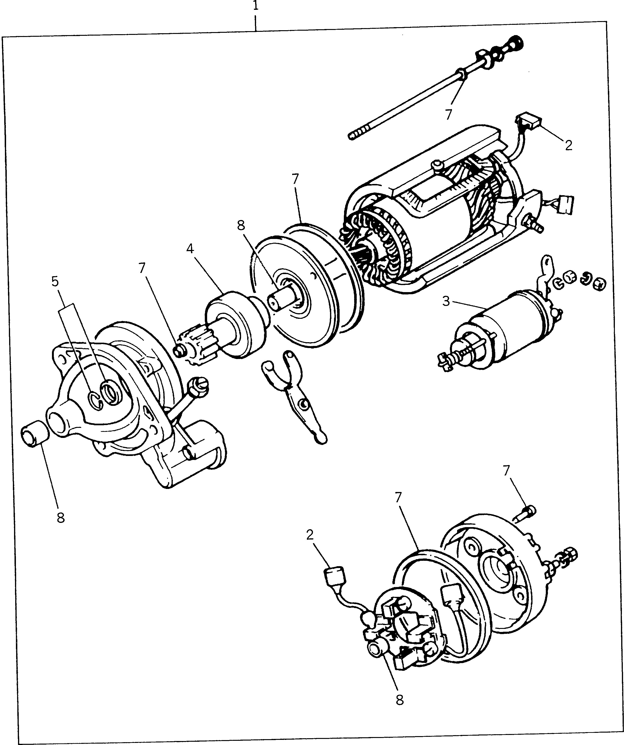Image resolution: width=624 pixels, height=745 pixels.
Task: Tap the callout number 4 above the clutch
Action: click(190, 249)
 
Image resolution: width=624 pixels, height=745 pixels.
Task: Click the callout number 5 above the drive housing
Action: click(55, 281)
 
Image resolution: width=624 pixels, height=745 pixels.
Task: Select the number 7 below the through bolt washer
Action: click(448, 114)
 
